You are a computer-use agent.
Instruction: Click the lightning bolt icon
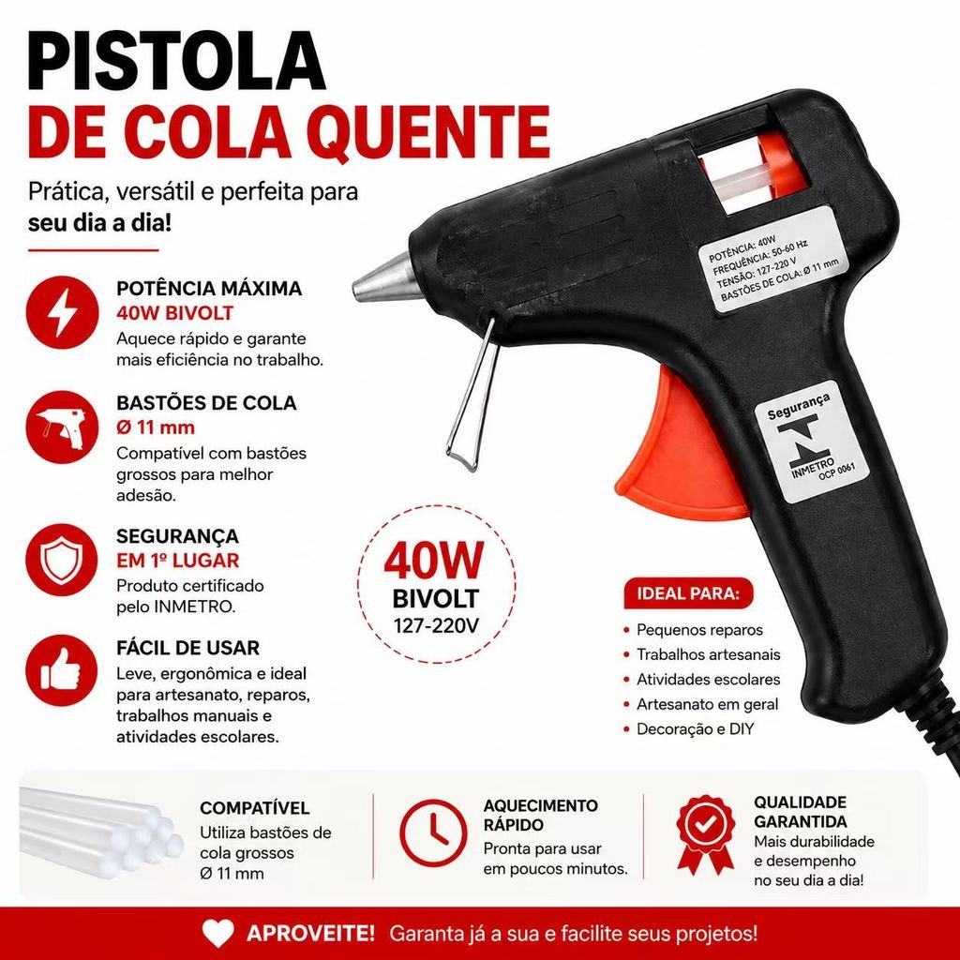pyautogui.click(x=63, y=311)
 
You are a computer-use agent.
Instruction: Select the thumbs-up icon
pyautogui.click(x=62, y=669)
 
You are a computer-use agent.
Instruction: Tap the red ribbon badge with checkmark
pyautogui.click(x=705, y=833)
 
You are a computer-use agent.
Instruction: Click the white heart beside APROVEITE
pyautogui.click(x=217, y=934)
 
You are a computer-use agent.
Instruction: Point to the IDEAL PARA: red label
pyautogui.click(x=687, y=593)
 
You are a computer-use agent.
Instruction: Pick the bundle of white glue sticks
pyautogui.click(x=101, y=830)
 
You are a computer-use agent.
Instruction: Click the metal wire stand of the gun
pyautogui.click(x=472, y=391)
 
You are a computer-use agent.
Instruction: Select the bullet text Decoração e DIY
pyautogui.click(x=695, y=729)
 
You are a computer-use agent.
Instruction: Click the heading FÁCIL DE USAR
pyautogui.click(x=187, y=648)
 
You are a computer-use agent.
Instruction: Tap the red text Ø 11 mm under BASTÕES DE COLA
pyautogui.click(x=156, y=427)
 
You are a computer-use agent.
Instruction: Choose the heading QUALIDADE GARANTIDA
pyautogui.click(x=801, y=812)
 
